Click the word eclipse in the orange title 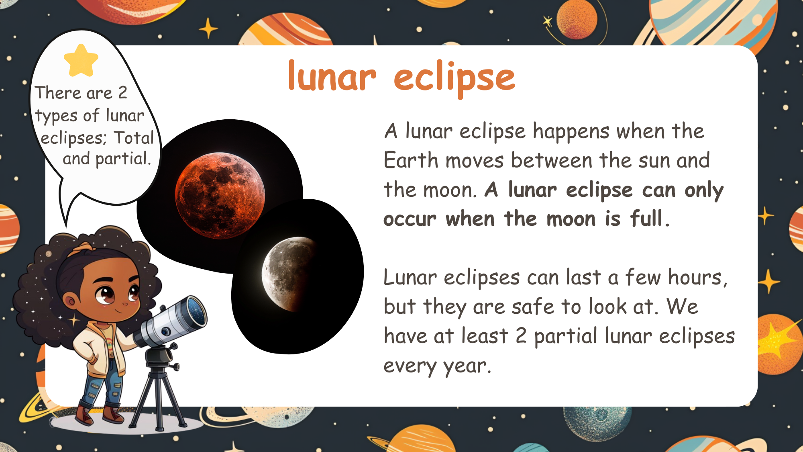coord(454,79)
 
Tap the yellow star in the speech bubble coord(81,60)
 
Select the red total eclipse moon coord(220,196)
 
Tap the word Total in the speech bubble coord(134,138)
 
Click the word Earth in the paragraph coord(411,160)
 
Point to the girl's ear coord(71,301)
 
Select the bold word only coord(704,190)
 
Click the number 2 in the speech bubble coord(122,93)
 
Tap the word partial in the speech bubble coord(123,159)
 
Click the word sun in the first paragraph coord(654,161)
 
